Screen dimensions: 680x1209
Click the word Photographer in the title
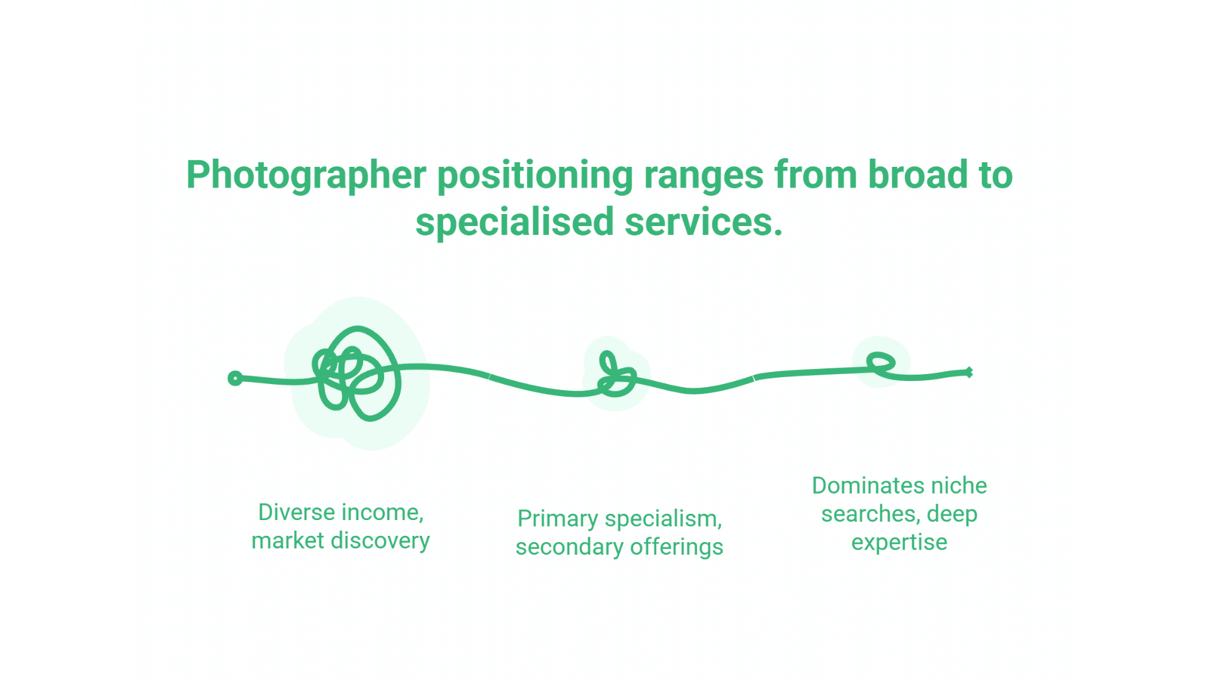(x=306, y=175)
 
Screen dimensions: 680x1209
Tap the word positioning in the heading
(x=535, y=175)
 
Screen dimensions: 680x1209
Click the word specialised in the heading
(x=514, y=222)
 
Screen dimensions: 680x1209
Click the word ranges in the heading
(x=703, y=175)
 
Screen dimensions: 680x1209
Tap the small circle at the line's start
(x=235, y=378)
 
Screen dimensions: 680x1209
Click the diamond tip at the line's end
(x=969, y=372)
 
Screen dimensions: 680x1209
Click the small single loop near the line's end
(x=881, y=363)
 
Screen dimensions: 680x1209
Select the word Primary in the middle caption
(x=558, y=519)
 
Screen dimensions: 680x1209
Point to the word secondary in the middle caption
(x=569, y=547)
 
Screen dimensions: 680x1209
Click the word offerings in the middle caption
(x=676, y=547)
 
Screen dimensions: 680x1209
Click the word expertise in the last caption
(x=899, y=542)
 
